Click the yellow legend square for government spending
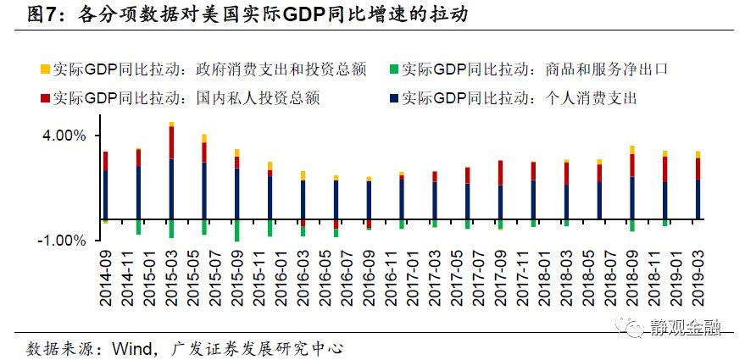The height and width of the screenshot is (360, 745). pos(44,69)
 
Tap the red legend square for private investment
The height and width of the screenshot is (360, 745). pos(44,97)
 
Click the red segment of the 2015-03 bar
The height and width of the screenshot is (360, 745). pos(171,142)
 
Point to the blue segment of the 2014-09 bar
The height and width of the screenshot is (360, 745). pos(105,195)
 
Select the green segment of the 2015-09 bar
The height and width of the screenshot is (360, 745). pos(237,230)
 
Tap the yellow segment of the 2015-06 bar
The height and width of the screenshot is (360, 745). pos(204,138)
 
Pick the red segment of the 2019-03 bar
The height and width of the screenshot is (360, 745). pos(698,169)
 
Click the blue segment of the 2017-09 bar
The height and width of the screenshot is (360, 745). pos(500,202)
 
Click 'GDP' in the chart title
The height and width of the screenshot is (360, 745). pos(310,14)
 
